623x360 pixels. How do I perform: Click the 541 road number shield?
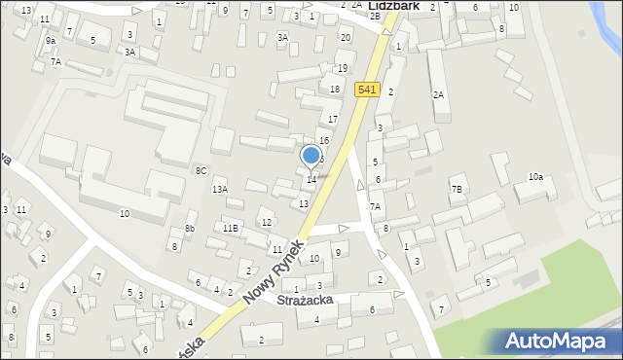click(x=366, y=90)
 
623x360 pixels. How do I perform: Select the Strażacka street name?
click(x=305, y=301)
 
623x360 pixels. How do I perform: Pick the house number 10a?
click(x=535, y=176)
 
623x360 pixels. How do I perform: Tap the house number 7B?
click(x=457, y=189)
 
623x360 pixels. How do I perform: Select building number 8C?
click(x=201, y=170)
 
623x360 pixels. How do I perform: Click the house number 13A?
click(x=220, y=190)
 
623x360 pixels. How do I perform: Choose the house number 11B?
click(x=230, y=228)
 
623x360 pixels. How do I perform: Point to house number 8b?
click(x=190, y=229)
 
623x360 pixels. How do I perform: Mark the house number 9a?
click(x=50, y=42)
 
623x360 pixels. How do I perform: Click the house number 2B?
click(x=375, y=17)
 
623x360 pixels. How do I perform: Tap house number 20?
click(x=346, y=37)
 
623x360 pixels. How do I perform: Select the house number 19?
click(x=342, y=68)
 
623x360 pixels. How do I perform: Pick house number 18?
click(x=335, y=90)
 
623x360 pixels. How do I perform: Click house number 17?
click(x=332, y=120)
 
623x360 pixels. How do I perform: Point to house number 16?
click(x=324, y=141)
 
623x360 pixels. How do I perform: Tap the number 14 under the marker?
click(x=311, y=179)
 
